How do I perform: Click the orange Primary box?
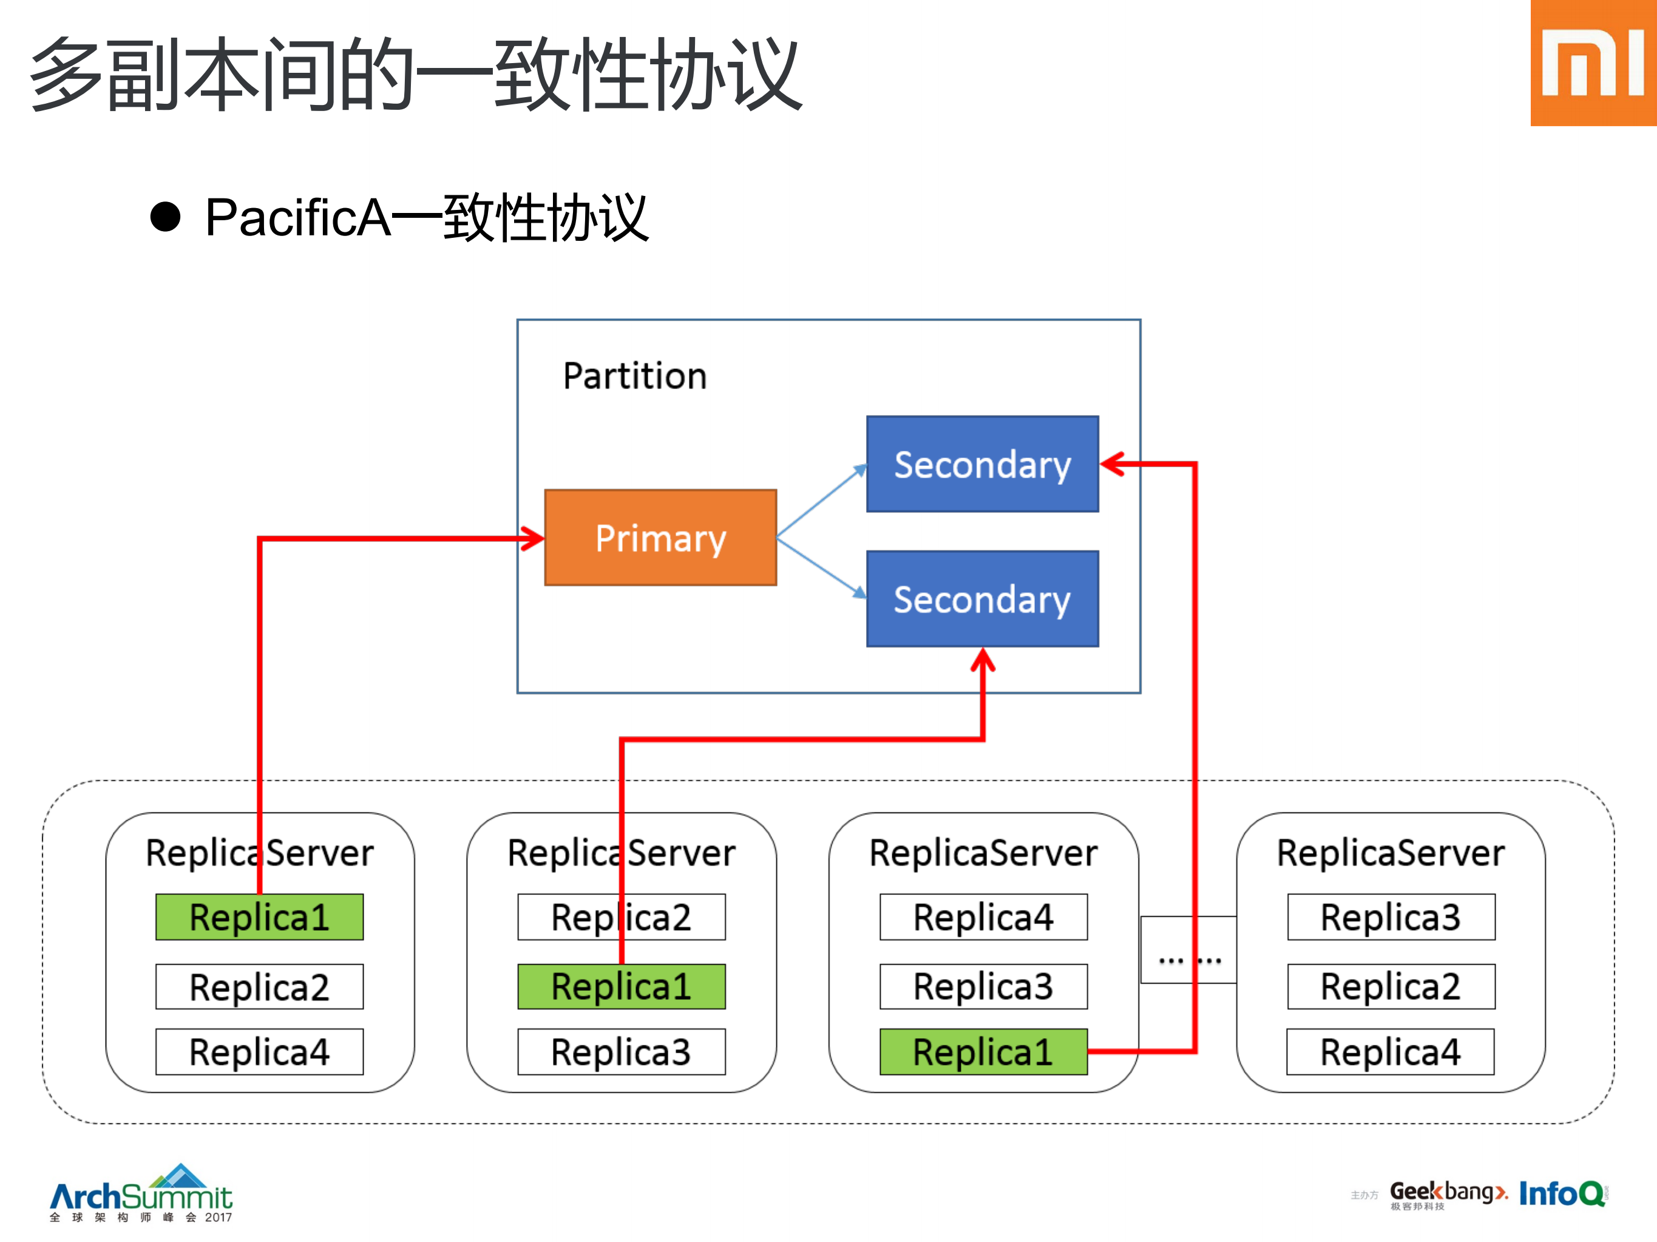pyautogui.click(x=660, y=538)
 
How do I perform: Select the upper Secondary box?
pyautogui.click(x=982, y=464)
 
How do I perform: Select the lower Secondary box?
pyautogui.click(x=982, y=599)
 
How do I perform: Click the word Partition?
pyautogui.click(x=634, y=376)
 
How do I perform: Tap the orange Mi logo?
pyautogui.click(x=1593, y=63)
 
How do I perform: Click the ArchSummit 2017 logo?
pyautogui.click(x=141, y=1195)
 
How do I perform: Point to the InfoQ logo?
pyautogui.click(x=1562, y=1193)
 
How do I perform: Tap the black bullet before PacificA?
pyautogui.click(x=166, y=218)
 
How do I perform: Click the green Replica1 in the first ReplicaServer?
pyautogui.click(x=259, y=917)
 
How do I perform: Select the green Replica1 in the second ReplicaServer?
pyautogui.click(x=621, y=987)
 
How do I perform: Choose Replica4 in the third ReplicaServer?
pyautogui.click(x=983, y=917)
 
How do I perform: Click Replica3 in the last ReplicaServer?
pyautogui.click(x=1391, y=917)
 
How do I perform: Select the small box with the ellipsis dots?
pyautogui.click(x=1188, y=950)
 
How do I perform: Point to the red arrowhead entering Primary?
pyautogui.click(x=534, y=538)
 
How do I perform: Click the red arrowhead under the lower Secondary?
pyautogui.click(x=983, y=660)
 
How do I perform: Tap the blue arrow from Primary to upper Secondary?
pyautogui.click(x=822, y=502)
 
